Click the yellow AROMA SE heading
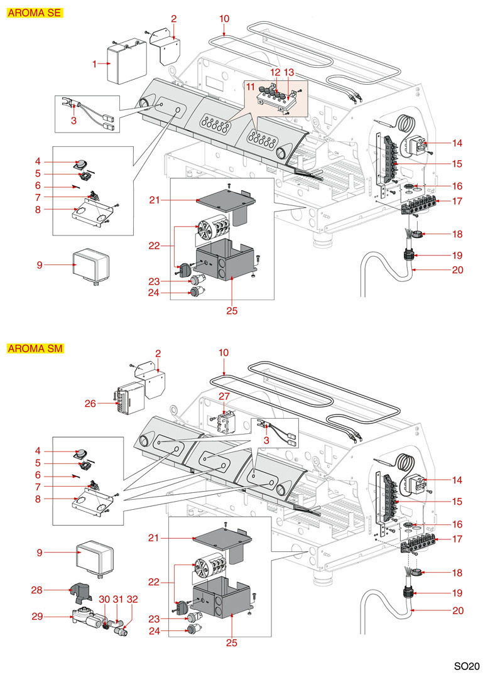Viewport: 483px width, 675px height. [x=35, y=13]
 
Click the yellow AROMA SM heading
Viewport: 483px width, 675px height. [x=35, y=348]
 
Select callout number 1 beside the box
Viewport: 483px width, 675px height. [x=95, y=63]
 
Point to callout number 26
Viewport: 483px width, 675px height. [x=90, y=404]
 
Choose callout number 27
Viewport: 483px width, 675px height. [x=224, y=396]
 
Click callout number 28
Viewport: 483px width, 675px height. [x=37, y=590]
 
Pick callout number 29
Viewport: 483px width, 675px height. [x=37, y=617]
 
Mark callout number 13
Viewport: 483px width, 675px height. [x=289, y=73]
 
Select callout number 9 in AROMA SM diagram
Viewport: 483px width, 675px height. [x=40, y=553]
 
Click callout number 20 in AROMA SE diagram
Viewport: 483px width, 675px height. [x=457, y=270]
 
